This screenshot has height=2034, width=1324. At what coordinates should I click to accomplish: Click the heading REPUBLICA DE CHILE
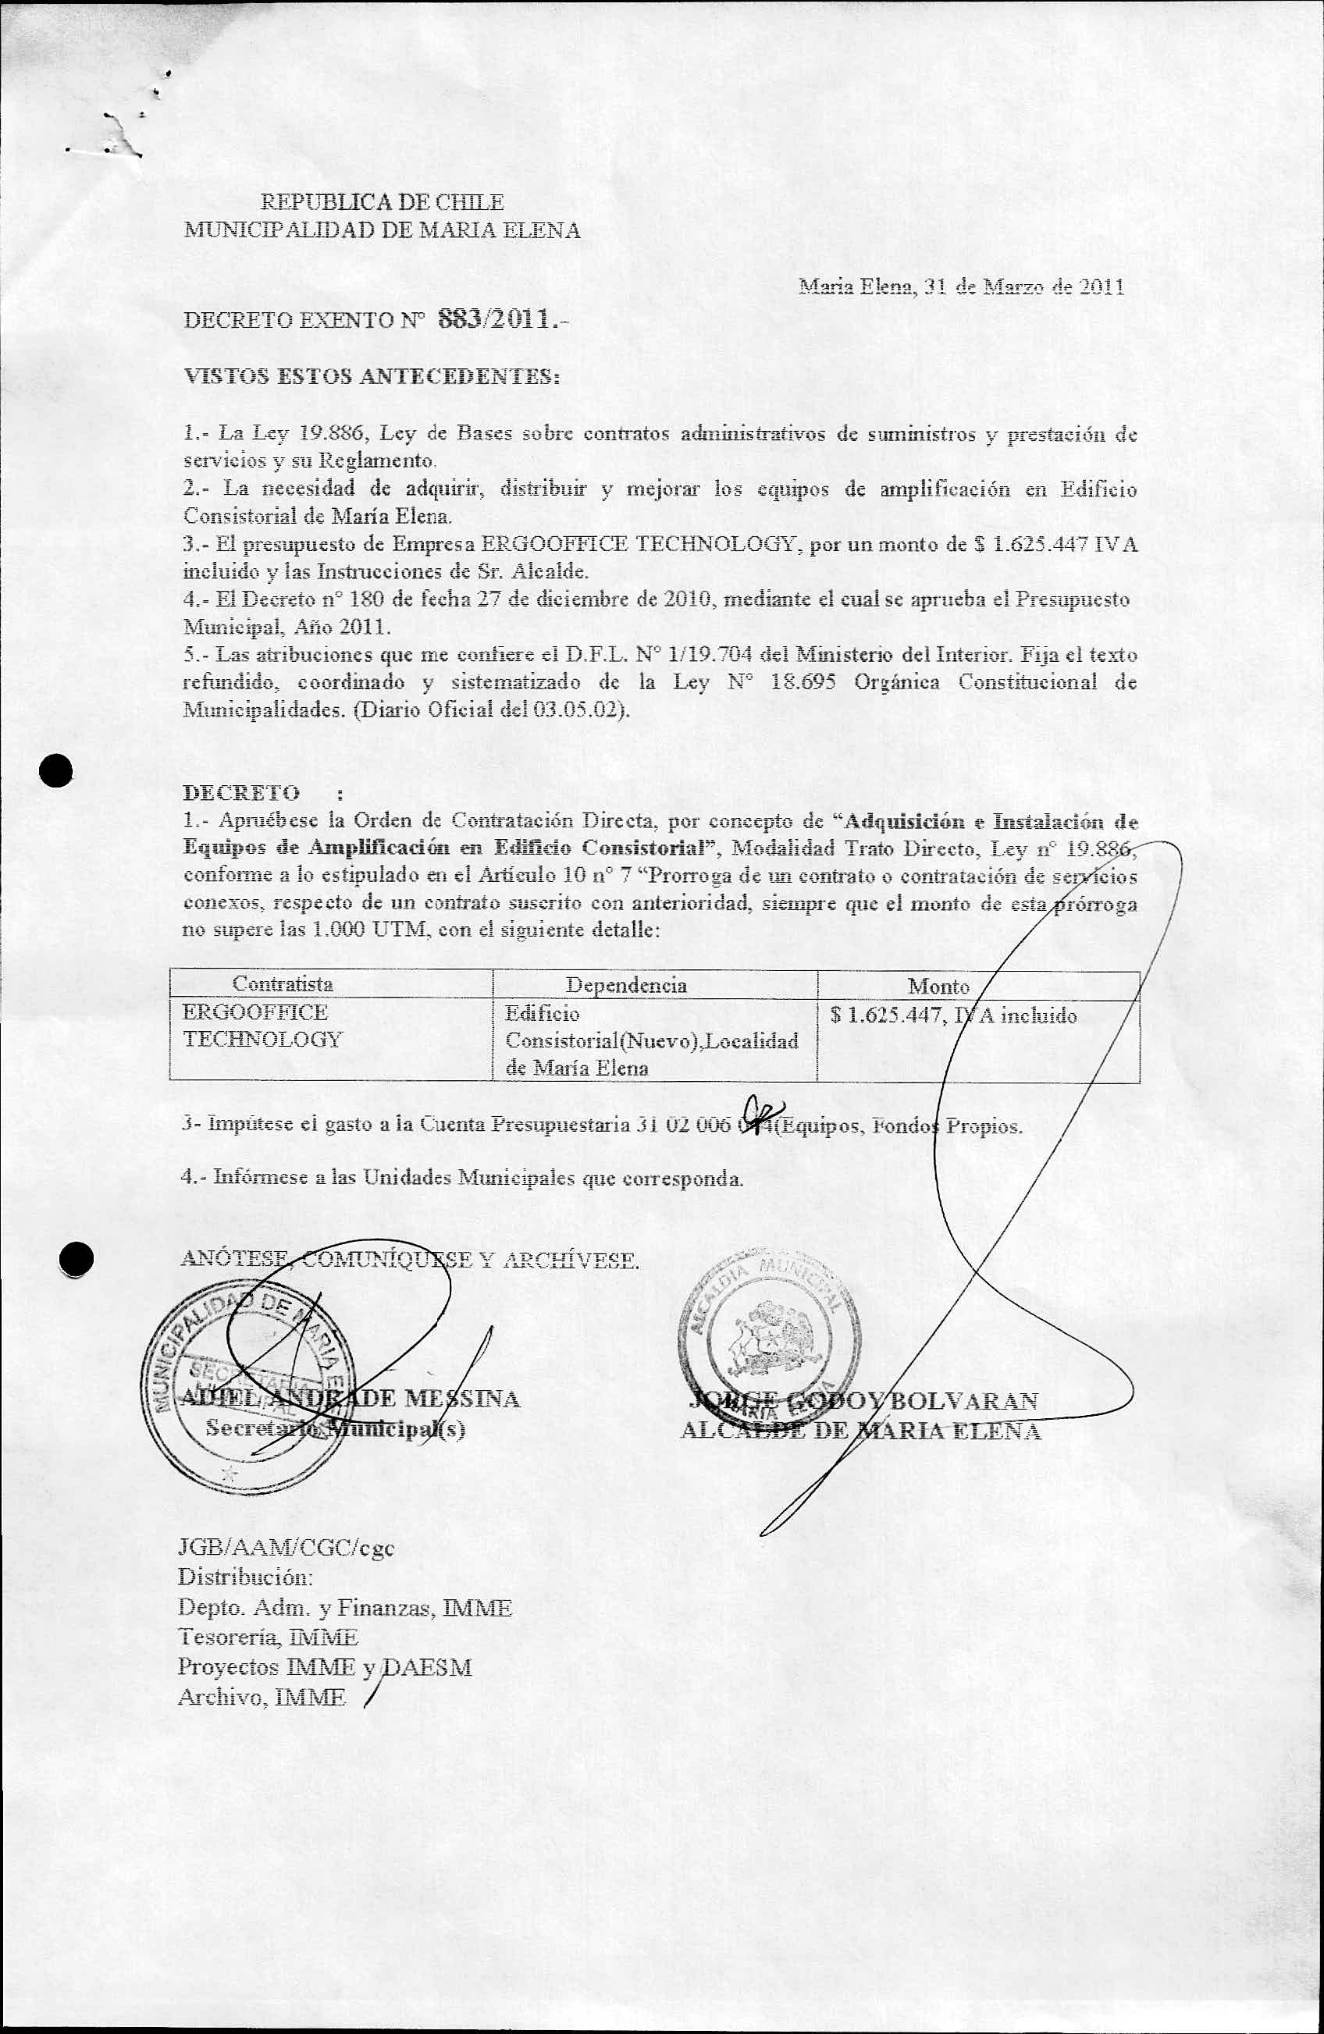pos(382,203)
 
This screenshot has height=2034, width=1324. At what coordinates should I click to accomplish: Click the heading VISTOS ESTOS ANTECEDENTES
pos(372,376)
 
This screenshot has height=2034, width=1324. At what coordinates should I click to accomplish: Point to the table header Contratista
pos(283,983)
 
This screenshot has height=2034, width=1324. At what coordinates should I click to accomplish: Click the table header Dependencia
pos(627,984)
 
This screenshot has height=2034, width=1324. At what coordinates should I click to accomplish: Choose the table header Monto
pos(938,985)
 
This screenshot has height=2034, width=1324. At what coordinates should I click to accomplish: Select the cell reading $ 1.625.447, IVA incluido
pos(953,1016)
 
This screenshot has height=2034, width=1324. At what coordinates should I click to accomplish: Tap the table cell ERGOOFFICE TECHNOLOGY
pos(262,1026)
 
